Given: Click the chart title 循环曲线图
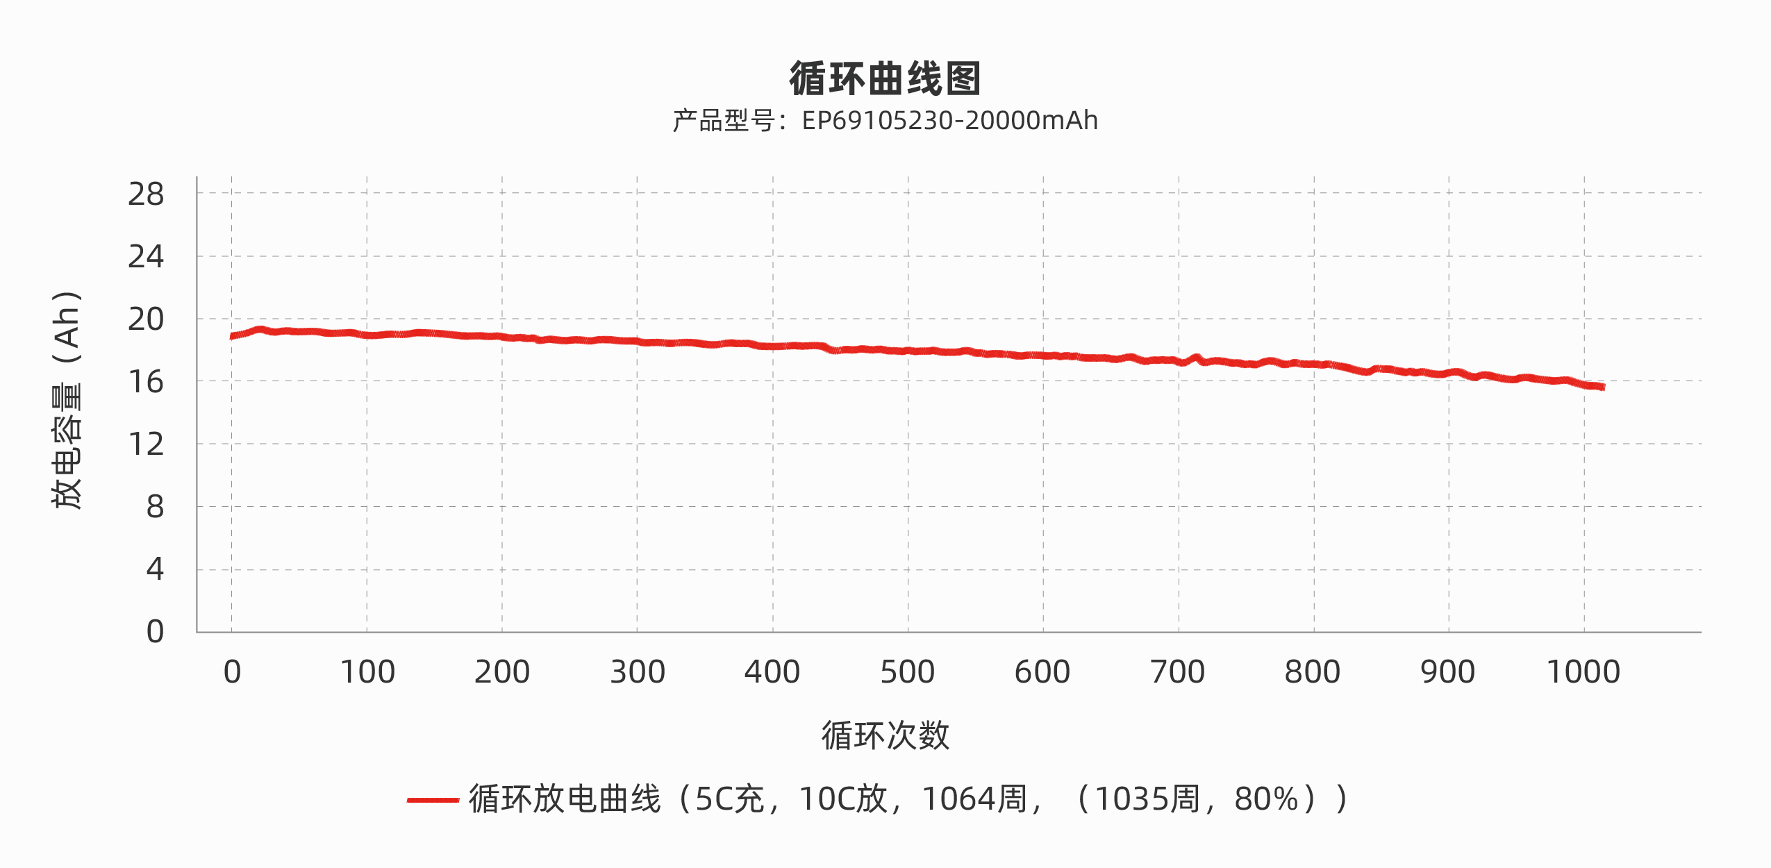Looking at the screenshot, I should (885, 78).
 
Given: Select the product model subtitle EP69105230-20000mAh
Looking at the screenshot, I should (885, 121).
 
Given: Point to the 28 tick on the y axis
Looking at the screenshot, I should (146, 194).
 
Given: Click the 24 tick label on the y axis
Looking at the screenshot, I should (146, 257).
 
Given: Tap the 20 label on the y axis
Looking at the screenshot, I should (146, 319).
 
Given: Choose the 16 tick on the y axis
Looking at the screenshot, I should (146, 382).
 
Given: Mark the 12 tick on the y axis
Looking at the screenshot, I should (146, 444).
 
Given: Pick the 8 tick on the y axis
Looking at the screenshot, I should (155, 507).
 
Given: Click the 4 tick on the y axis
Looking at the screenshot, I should (155, 569).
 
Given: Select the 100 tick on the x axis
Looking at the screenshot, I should (367, 672).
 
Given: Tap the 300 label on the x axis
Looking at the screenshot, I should (638, 672).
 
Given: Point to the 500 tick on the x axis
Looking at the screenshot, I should (907, 672).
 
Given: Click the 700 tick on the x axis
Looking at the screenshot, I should (1177, 672).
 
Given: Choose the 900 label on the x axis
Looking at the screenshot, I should (1447, 672).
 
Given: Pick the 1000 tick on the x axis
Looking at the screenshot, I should (1583, 672).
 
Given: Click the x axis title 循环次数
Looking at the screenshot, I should (885, 735).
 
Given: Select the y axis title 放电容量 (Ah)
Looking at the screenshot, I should (67, 399).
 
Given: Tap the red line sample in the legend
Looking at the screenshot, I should (433, 800).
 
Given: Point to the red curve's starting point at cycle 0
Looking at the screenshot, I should (232, 336).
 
